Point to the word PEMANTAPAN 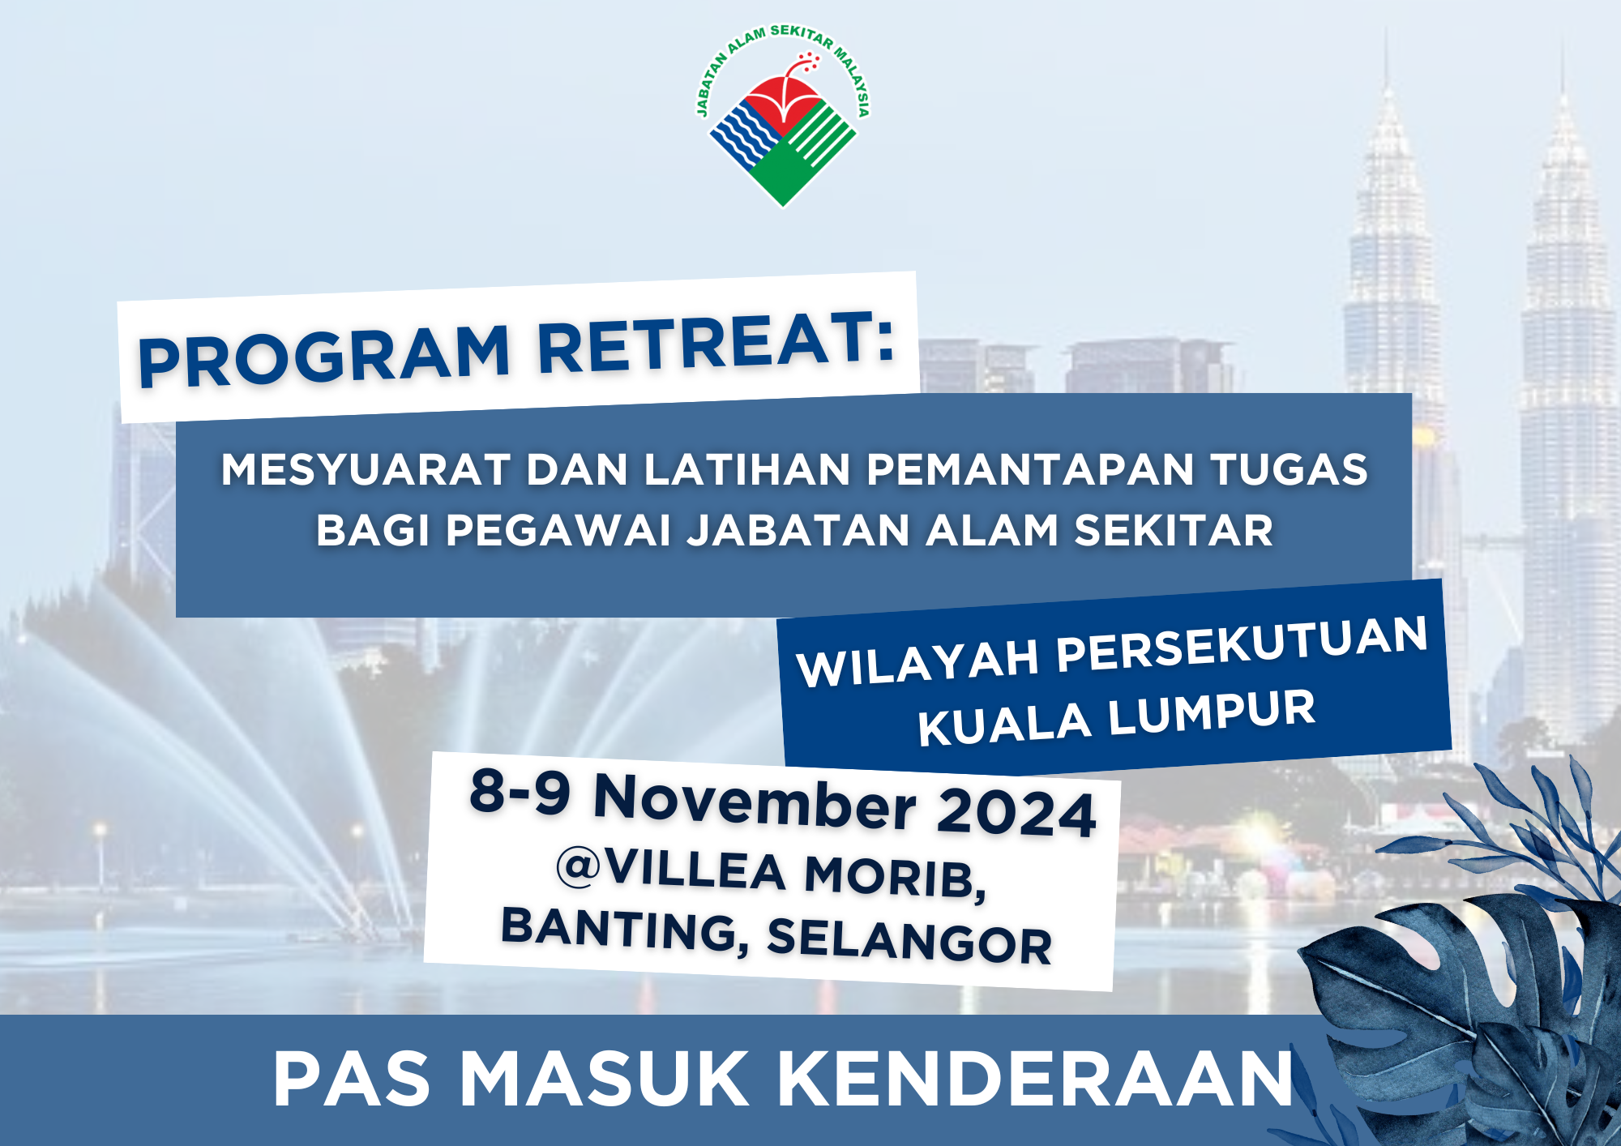click(1030, 469)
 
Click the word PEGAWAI click(558, 531)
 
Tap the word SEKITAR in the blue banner click(1174, 531)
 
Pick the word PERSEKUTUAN click(1242, 644)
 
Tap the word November click(755, 802)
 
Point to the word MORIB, click(896, 877)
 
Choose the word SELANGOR click(909, 941)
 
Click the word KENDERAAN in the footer click(1035, 1079)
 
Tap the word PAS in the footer click(352, 1079)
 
